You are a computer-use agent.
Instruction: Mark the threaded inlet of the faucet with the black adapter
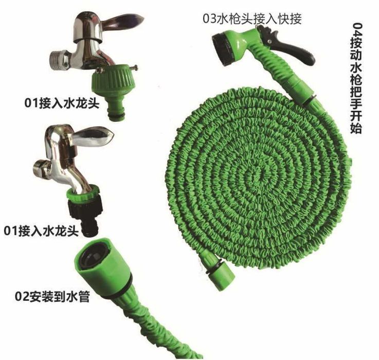pos(41,169)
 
